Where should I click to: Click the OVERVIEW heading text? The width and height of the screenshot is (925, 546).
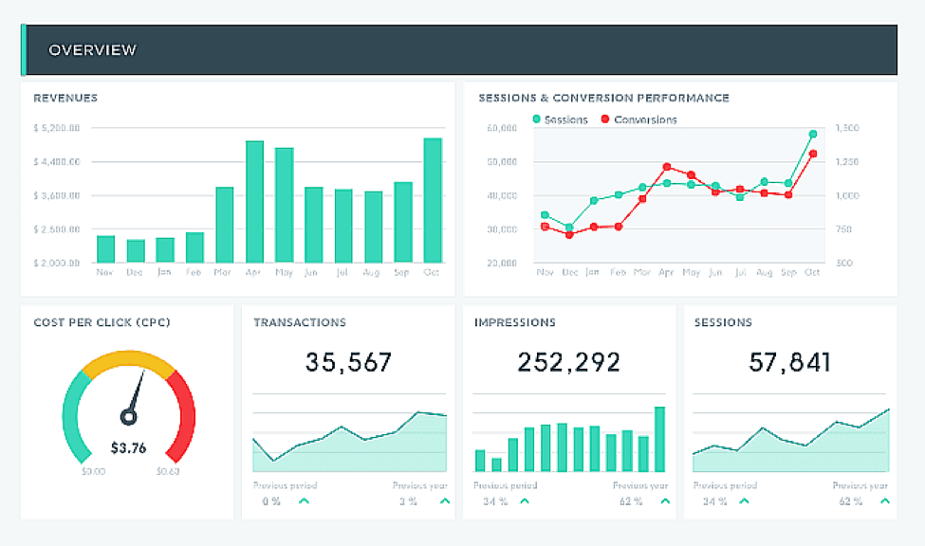tap(92, 49)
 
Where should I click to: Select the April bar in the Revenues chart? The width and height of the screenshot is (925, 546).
tap(254, 202)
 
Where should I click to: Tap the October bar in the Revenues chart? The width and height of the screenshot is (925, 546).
tap(433, 200)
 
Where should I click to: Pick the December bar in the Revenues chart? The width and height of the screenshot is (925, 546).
tap(136, 250)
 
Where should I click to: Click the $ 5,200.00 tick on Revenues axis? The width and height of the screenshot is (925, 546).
tap(57, 127)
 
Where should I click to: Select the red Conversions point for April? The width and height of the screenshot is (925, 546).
tap(667, 167)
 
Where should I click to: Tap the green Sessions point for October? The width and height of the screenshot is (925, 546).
tap(813, 135)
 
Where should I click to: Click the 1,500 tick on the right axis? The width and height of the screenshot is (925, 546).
tap(847, 127)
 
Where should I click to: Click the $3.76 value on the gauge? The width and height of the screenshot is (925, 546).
tap(128, 448)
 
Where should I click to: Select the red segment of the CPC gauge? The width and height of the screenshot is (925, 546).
tap(184, 412)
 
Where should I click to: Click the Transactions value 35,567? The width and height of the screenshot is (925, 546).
tap(348, 362)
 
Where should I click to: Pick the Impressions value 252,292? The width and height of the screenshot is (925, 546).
tap(568, 362)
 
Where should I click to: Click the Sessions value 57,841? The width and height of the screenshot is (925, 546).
tap(789, 362)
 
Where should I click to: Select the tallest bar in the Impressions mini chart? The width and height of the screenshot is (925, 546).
tap(659, 439)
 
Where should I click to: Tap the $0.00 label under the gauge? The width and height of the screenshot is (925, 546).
tap(94, 471)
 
